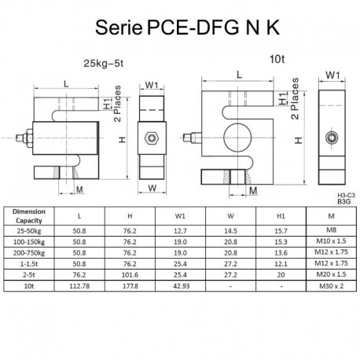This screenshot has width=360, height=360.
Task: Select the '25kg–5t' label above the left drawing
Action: (x=109, y=64)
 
